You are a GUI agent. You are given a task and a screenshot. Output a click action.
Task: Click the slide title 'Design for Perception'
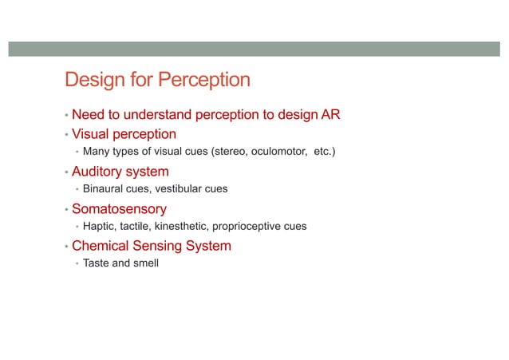(x=157, y=81)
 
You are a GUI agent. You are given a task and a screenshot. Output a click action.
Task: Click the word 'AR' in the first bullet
(x=330, y=115)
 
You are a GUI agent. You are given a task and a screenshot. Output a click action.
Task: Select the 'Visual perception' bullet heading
(x=124, y=134)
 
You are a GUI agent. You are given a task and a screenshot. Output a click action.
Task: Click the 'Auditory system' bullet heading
(x=120, y=172)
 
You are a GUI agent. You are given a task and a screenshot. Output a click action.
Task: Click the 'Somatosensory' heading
(x=119, y=209)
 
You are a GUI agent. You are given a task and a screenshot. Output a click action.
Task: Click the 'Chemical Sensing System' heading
(x=152, y=246)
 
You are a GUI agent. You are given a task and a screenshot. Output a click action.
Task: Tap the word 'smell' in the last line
(x=144, y=263)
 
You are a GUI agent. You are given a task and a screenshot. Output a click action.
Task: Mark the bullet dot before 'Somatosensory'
(x=66, y=210)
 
